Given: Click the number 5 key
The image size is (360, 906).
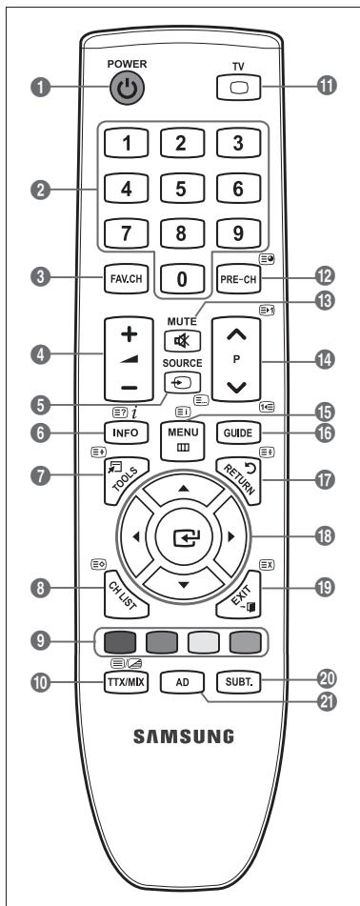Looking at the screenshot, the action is coord(182,190).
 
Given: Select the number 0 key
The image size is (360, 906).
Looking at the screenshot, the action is coord(182,279).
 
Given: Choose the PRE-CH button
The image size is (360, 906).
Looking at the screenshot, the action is coord(238,279).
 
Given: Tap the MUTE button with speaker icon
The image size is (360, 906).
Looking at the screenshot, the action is coord(182,341).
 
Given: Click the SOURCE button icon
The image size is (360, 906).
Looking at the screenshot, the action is coord(182,382).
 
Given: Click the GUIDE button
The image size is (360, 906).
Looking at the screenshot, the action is coord(238,433).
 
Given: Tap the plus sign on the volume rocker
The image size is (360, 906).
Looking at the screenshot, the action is coord(130,334).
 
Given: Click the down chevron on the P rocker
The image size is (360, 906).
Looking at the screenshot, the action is coord(237,387).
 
